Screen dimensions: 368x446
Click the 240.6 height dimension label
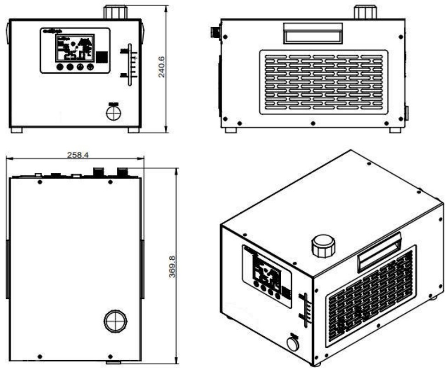[162, 67]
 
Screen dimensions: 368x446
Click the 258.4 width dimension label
[78, 155]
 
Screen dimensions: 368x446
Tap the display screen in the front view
[75, 48]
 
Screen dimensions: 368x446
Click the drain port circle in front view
[113, 113]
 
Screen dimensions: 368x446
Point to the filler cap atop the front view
[113, 12]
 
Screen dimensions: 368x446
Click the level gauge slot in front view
[129, 65]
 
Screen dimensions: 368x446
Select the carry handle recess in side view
[313, 33]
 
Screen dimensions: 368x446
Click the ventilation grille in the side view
[323, 82]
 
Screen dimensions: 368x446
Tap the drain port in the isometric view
[292, 344]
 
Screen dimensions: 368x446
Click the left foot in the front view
[16, 130]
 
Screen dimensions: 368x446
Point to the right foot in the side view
[395, 130]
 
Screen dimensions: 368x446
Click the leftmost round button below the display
[60, 67]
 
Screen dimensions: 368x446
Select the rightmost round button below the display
[90, 67]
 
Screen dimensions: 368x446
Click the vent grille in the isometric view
[371, 295]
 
